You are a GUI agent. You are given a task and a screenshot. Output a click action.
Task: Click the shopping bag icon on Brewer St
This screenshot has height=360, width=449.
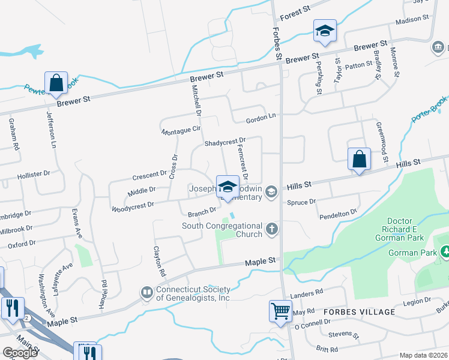point(56,83)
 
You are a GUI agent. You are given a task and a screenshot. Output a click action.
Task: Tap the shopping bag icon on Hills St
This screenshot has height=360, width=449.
point(359,160)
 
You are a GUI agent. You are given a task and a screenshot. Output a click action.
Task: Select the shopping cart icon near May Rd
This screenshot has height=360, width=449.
point(280,311)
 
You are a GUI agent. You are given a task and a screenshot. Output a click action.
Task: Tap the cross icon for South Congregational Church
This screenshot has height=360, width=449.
point(272,228)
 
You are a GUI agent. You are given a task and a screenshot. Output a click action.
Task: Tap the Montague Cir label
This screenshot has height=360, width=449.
point(180,130)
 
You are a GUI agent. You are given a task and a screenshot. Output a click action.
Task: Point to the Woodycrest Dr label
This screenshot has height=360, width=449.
point(133,206)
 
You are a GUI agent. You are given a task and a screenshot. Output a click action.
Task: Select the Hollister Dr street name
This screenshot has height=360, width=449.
point(34,174)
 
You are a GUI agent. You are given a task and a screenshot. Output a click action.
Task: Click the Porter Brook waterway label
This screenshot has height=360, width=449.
point(430,110)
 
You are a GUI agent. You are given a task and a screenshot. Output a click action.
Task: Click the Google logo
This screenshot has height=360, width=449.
point(20,353)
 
